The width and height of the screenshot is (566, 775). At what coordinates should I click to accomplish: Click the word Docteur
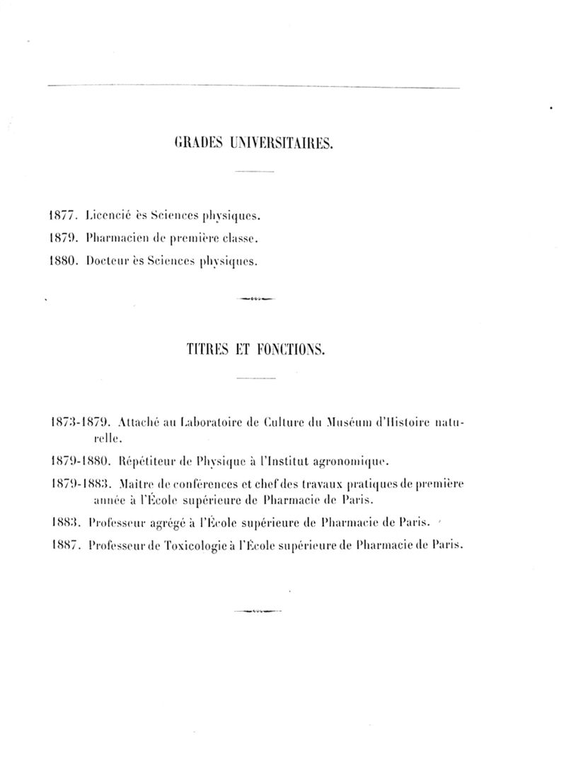pos(105,262)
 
